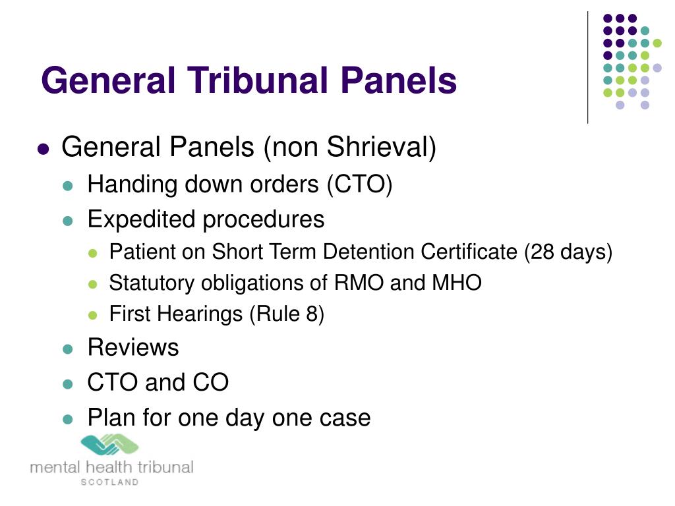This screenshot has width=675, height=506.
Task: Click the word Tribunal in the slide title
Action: tap(258, 80)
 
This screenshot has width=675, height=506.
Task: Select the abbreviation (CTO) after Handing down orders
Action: tap(359, 184)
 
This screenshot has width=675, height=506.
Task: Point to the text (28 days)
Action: tap(568, 252)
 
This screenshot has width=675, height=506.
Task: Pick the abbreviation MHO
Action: tap(457, 283)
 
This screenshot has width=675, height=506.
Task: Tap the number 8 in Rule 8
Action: tap(312, 314)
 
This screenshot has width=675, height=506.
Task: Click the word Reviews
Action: tap(133, 347)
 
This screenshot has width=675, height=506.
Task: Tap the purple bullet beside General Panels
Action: tap(43, 149)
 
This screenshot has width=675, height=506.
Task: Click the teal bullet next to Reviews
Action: tap(68, 349)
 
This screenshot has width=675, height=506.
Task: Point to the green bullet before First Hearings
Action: tap(92, 316)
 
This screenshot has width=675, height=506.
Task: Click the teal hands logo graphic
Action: tap(110, 445)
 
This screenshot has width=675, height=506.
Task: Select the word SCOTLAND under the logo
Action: tap(110, 482)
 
